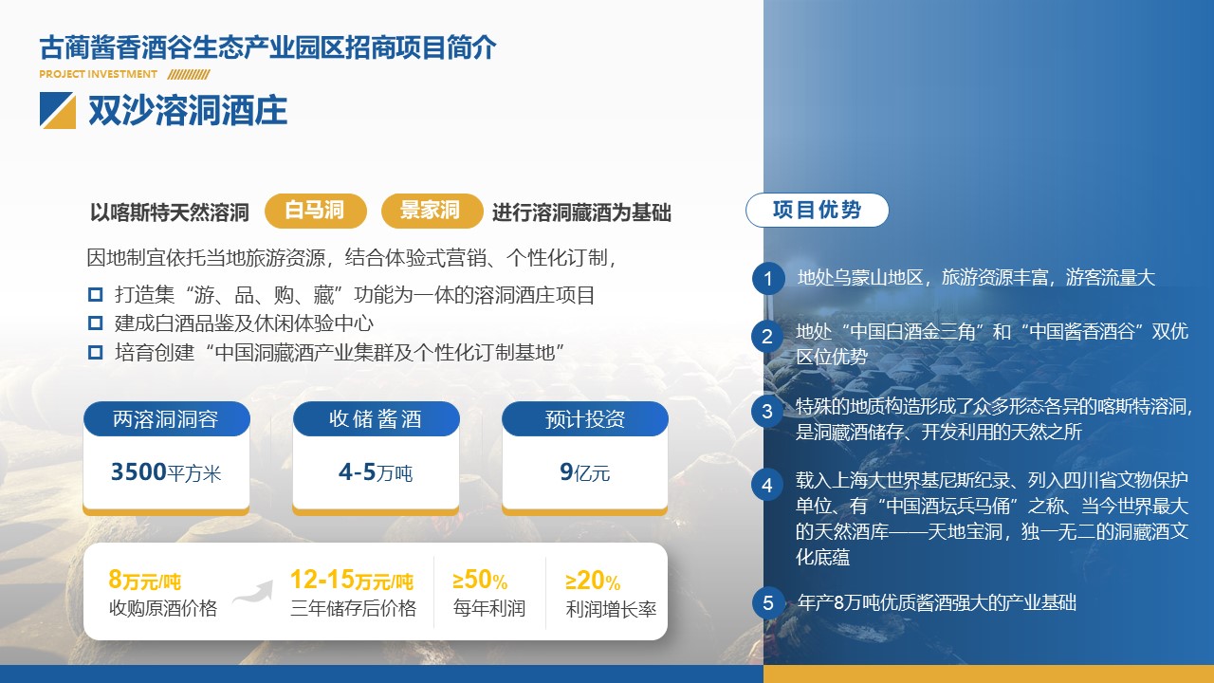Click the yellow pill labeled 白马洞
(316, 211)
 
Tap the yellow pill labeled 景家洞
(432, 211)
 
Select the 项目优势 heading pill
(818, 210)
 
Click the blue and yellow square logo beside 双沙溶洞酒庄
(58, 111)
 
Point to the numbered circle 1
(768, 279)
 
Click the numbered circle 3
(767, 412)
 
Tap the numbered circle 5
(768, 602)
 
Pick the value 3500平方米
(166, 472)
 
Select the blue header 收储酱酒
(377, 418)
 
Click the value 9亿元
(585, 472)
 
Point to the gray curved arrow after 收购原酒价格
(252, 592)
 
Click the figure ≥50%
(480, 580)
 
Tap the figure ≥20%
(593, 581)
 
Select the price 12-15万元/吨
(352, 580)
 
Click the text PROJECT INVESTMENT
(98, 74)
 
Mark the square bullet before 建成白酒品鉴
(96, 323)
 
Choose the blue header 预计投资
(585, 418)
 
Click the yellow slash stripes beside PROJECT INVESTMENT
(189, 74)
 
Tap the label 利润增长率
(611, 609)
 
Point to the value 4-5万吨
(376, 472)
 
